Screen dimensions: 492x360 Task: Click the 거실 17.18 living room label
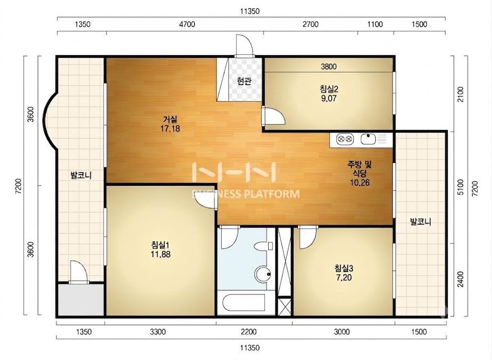click(x=170, y=124)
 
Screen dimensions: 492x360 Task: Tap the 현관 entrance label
click(x=244, y=82)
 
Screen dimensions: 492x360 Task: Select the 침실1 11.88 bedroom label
click(x=160, y=249)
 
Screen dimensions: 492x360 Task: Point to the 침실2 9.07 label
click(x=329, y=94)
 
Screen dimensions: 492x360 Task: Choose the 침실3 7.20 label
click(x=344, y=273)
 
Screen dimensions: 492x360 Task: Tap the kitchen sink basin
click(x=368, y=139)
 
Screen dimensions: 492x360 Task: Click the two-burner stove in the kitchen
click(x=345, y=139)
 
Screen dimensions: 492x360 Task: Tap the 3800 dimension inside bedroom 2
click(x=329, y=67)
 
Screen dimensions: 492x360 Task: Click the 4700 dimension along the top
click(x=187, y=24)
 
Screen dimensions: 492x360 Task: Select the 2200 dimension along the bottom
click(x=248, y=332)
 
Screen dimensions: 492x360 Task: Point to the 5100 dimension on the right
click(x=460, y=187)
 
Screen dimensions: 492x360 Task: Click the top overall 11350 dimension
click(x=250, y=12)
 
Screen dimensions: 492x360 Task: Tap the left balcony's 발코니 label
click(x=81, y=175)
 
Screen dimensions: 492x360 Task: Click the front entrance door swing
click(x=244, y=45)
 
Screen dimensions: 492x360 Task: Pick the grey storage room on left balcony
click(x=81, y=300)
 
